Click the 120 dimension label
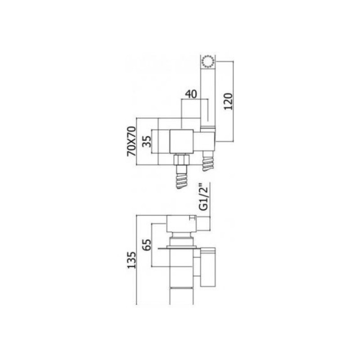(x=229, y=101)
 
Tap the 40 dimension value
(x=191, y=94)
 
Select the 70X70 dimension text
(x=132, y=141)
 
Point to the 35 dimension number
(x=147, y=141)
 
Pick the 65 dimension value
(x=147, y=245)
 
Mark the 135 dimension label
(x=131, y=260)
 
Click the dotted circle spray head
(x=208, y=62)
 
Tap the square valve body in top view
(x=181, y=141)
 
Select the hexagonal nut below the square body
(x=181, y=160)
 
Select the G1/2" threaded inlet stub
(x=203, y=224)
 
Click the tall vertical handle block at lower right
(x=208, y=267)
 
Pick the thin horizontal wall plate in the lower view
(x=177, y=248)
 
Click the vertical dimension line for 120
(x=233, y=101)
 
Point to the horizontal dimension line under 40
(x=195, y=99)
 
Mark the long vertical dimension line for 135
(x=137, y=260)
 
